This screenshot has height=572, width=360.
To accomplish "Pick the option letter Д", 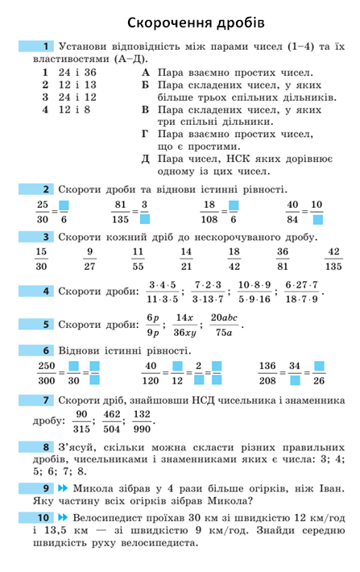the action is tap(146, 158).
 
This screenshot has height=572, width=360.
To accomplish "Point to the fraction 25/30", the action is tap(43, 212).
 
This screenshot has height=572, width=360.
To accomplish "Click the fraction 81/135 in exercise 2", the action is tap(121, 212).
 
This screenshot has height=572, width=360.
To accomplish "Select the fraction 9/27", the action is tap(90, 259).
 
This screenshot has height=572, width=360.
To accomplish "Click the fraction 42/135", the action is tap(333, 259).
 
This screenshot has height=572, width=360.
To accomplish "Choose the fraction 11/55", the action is tap(138, 259).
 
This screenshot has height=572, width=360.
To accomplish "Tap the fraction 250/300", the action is tap(47, 373).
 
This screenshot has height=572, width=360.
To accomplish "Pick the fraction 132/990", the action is tap(143, 421).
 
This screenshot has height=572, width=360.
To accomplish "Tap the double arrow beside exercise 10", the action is tap(62, 517).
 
